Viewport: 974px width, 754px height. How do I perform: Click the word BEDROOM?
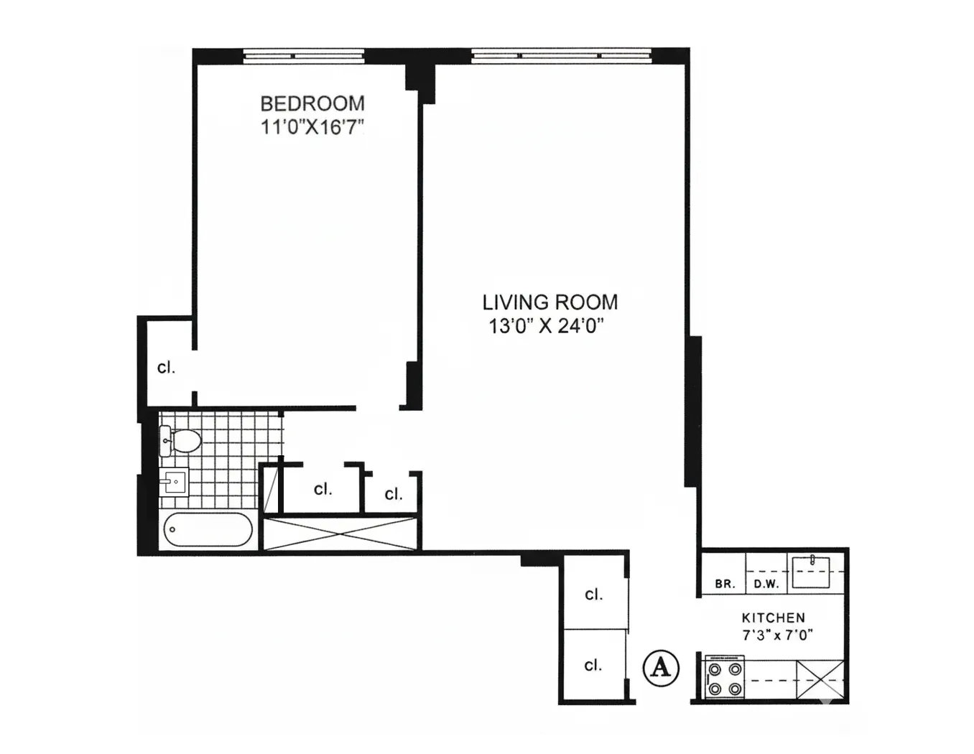(x=312, y=103)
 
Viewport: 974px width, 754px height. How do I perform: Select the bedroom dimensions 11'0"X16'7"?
(x=312, y=128)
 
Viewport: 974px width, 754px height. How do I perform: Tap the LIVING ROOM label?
(x=549, y=302)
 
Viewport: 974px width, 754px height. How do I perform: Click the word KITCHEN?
(x=773, y=618)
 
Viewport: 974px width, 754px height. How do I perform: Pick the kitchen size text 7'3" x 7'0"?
(x=777, y=635)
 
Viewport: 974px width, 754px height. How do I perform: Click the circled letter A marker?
(x=660, y=668)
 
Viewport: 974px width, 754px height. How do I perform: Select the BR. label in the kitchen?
(x=725, y=584)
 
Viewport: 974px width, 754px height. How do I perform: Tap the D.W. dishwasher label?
(x=766, y=584)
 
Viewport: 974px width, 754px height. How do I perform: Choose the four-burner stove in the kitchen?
(x=724, y=679)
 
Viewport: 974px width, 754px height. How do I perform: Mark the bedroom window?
(x=303, y=55)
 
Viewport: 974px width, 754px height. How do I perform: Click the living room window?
(x=561, y=55)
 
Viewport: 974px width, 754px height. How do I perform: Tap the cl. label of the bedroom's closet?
(x=166, y=368)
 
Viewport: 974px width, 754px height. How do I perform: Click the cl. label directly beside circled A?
(x=593, y=666)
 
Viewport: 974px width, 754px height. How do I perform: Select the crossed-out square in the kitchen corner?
(x=821, y=679)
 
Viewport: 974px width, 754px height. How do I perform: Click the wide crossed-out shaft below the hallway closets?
(x=341, y=533)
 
